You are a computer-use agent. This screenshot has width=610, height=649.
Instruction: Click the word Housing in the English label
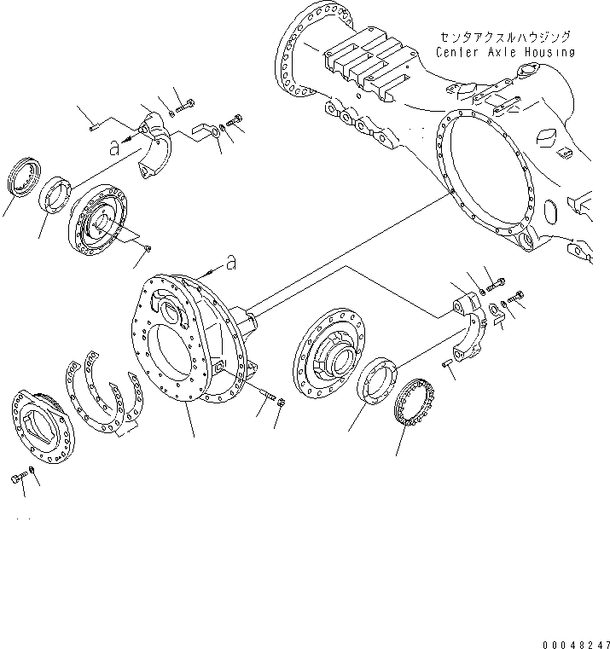(550, 53)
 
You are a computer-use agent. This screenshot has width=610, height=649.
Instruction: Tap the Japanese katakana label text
(505, 38)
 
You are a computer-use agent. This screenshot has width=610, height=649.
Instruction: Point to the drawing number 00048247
(576, 645)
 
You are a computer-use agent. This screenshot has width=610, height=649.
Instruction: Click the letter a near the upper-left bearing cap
(114, 148)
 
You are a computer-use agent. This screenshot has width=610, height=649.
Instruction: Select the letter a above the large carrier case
(231, 263)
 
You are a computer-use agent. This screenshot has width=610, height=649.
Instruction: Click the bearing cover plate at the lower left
(43, 426)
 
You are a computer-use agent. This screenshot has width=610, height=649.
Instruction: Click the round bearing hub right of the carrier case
(329, 353)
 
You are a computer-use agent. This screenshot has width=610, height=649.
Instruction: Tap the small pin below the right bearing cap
(447, 363)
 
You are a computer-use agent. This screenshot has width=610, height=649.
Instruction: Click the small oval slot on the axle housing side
(550, 212)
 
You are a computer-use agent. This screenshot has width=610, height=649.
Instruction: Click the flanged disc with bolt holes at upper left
(98, 219)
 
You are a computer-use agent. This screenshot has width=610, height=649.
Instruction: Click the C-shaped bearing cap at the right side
(472, 327)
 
